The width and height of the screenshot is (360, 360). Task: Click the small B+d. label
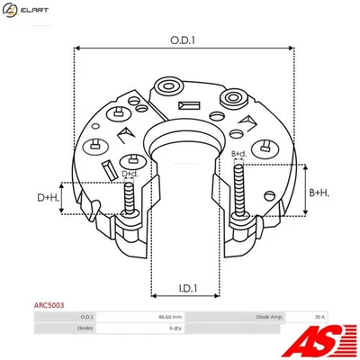(239, 154)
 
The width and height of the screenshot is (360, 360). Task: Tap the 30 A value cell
(319, 318)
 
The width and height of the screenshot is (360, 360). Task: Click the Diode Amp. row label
(270, 318)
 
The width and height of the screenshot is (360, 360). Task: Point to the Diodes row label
(85, 328)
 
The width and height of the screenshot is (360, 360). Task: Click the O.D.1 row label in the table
(86, 318)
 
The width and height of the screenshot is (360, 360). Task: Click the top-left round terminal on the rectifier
(167, 87)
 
